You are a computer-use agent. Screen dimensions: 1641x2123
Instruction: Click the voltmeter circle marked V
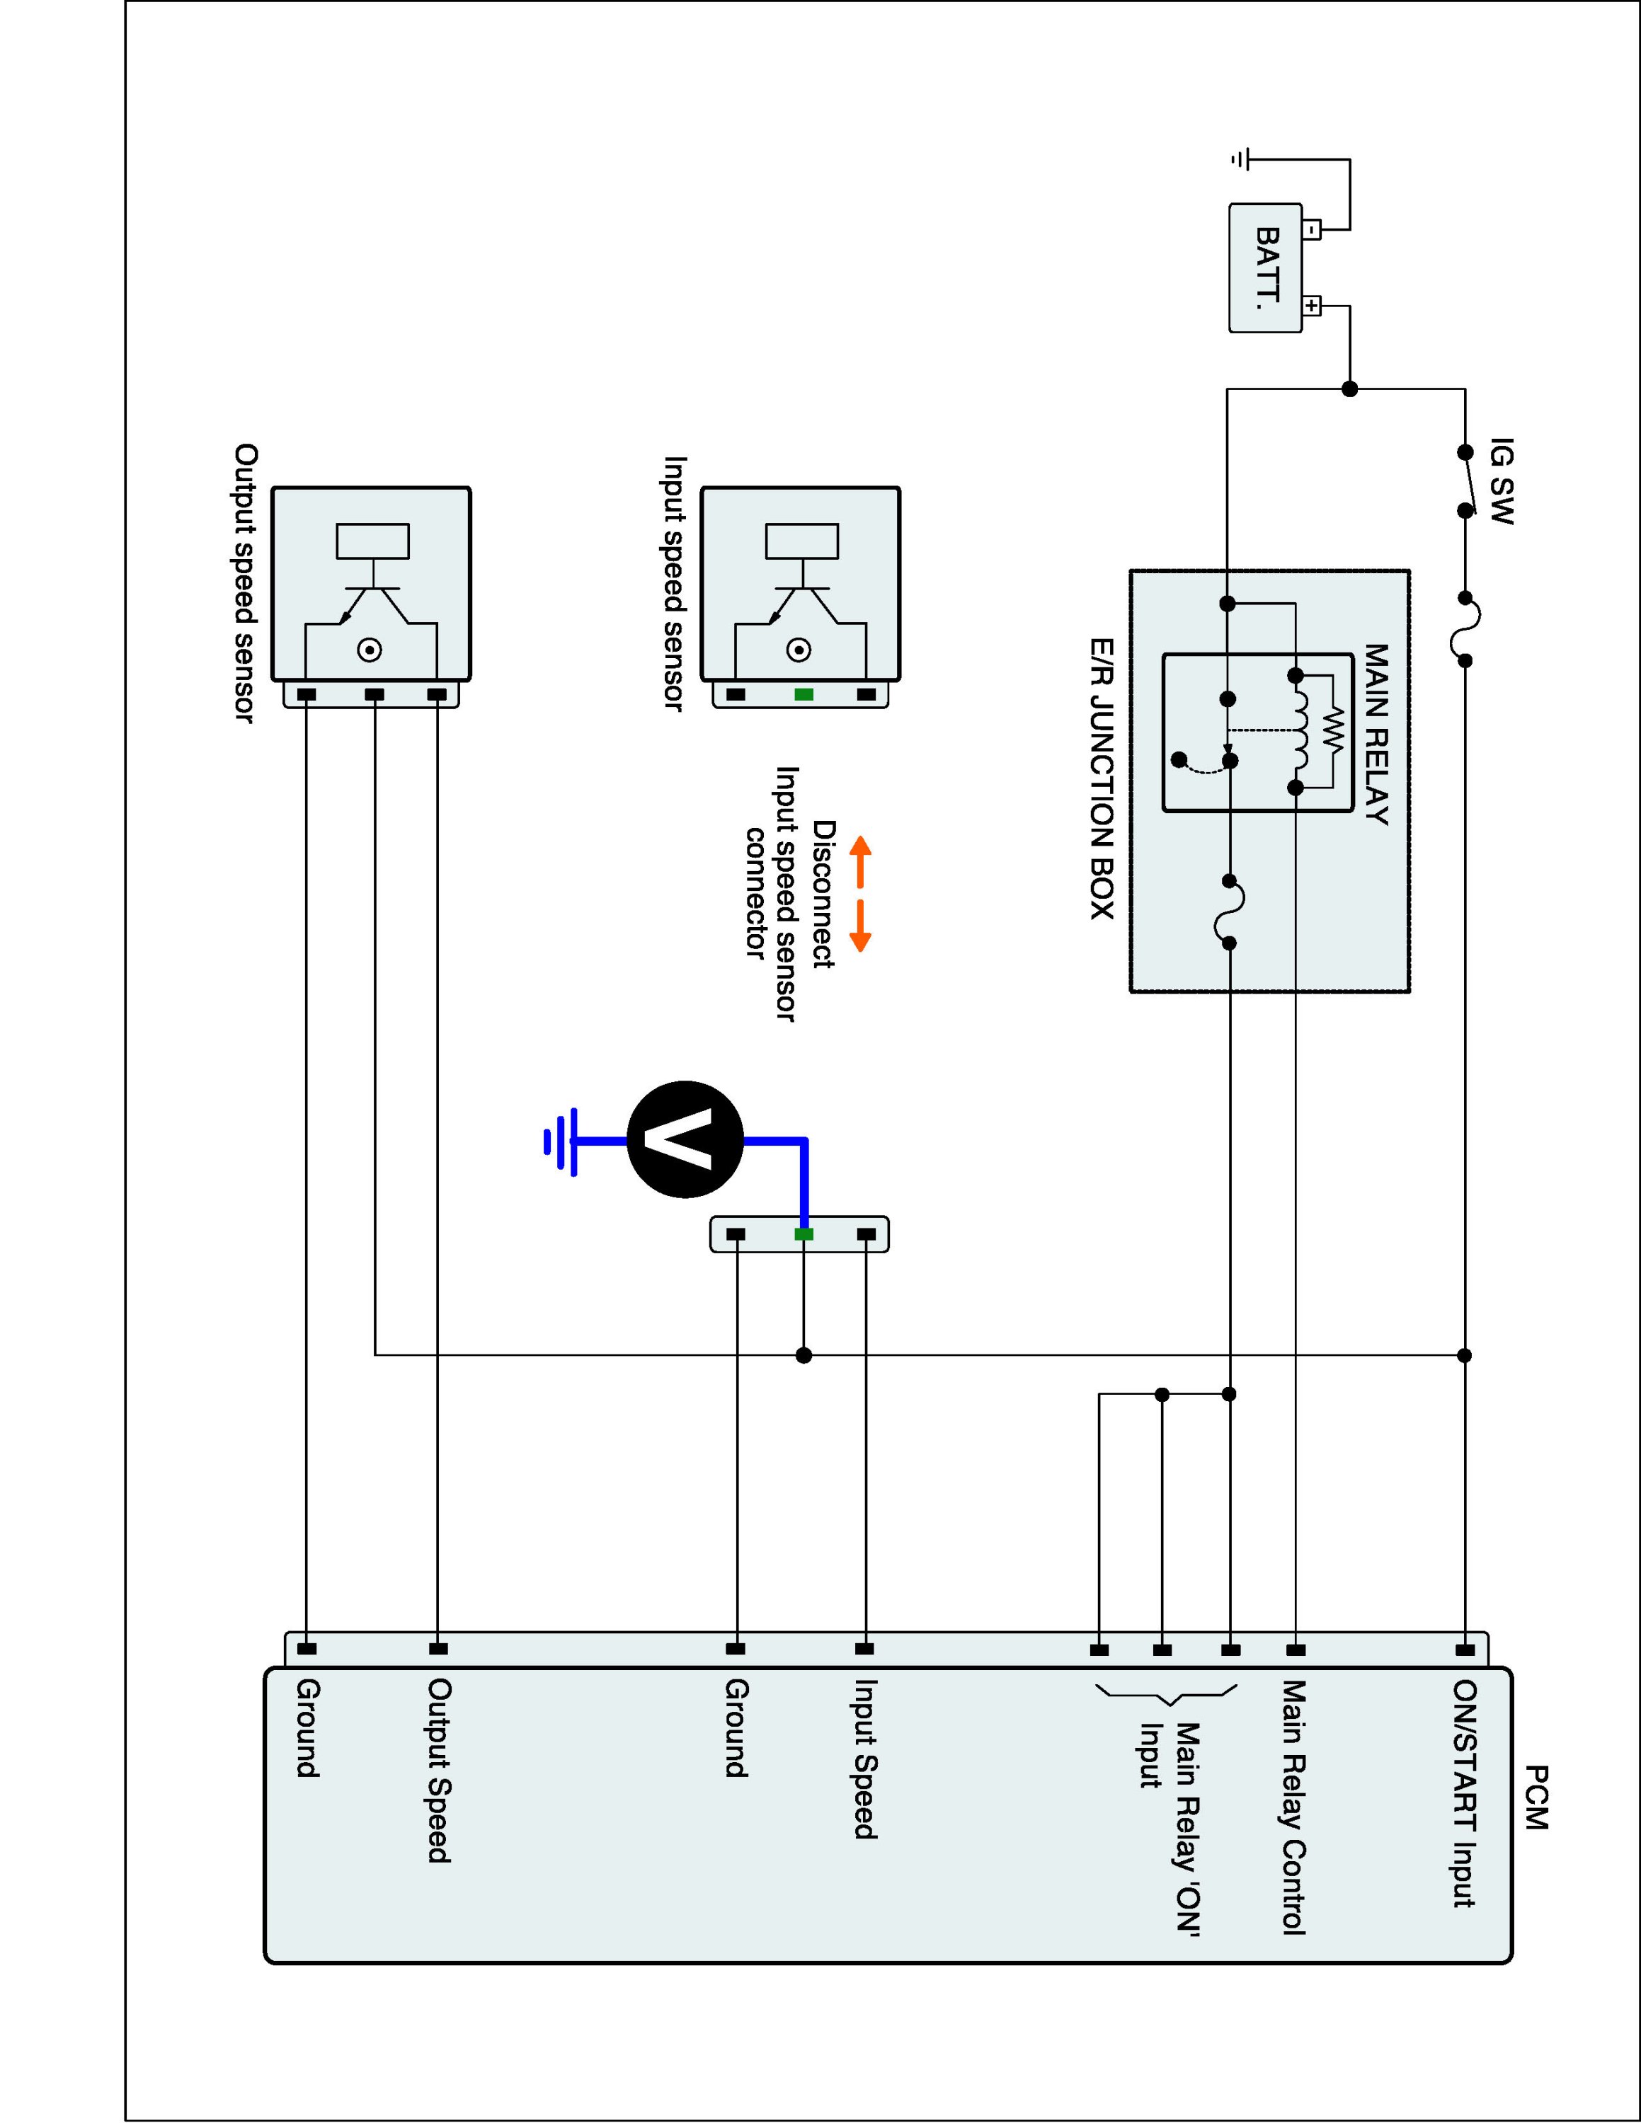pos(685,1139)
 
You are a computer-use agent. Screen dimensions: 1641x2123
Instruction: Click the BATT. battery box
pos(1266,268)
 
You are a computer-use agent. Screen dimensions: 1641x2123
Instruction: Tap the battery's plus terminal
pos(1311,307)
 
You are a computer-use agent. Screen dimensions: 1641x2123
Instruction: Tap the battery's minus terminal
pos(1311,231)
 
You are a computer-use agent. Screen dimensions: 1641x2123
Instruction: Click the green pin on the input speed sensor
pos(803,694)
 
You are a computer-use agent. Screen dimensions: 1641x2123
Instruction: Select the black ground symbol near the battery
pos(1242,159)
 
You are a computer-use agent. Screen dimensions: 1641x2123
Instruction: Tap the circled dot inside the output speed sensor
pos(370,650)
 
